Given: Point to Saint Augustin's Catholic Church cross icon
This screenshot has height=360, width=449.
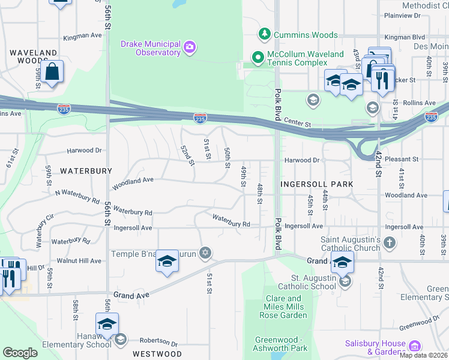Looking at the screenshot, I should (x=390, y=243).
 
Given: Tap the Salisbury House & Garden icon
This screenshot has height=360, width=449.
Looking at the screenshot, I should (x=414, y=346).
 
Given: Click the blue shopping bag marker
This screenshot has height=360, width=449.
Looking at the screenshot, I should (x=53, y=72).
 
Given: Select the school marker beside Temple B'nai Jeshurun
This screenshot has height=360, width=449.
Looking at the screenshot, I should (x=167, y=262).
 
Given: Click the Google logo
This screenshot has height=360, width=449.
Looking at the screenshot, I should (x=20, y=353).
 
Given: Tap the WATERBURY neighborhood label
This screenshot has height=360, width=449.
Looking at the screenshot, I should (x=85, y=171).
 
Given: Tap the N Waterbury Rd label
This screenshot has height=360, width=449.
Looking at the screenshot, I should (x=77, y=196).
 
